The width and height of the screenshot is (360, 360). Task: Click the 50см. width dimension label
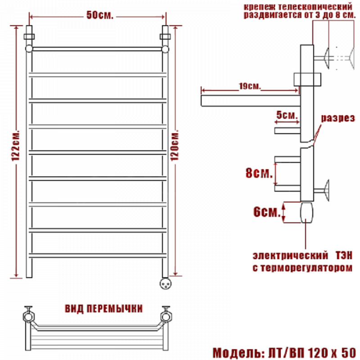click(x=99, y=15)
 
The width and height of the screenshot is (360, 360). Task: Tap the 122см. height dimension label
click(x=16, y=146)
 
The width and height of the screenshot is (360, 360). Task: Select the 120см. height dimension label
click(x=175, y=146)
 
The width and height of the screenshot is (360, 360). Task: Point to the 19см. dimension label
click(x=250, y=86)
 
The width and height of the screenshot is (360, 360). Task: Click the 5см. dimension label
click(x=287, y=115)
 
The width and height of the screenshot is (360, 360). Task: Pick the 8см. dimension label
click(x=259, y=173)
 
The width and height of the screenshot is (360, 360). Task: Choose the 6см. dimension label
click(x=267, y=211)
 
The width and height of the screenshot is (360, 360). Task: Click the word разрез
click(x=338, y=118)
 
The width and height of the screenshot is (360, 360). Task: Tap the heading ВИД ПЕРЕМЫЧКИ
click(x=104, y=309)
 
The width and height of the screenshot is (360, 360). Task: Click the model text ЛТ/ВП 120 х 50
click(x=312, y=353)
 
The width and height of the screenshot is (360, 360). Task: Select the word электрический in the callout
click(x=290, y=256)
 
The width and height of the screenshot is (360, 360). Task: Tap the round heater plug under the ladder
click(x=166, y=283)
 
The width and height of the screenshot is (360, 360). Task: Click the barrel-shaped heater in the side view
click(x=307, y=212)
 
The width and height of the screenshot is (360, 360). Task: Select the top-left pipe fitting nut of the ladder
click(x=29, y=37)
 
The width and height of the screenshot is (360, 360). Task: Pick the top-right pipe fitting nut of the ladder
click(x=165, y=37)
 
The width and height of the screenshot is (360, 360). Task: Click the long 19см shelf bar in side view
click(x=251, y=101)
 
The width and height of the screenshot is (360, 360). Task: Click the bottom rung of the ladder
click(x=98, y=256)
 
